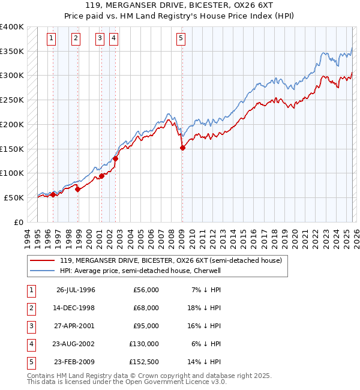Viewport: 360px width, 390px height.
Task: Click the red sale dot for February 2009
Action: click(182, 148)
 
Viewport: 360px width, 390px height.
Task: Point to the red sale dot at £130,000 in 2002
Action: click(116, 159)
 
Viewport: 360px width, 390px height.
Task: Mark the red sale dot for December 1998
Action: click(78, 189)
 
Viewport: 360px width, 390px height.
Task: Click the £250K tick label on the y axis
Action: click(12, 100)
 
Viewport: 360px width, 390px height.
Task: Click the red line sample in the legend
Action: click(43, 260)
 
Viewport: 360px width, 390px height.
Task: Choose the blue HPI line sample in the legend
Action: click(43, 271)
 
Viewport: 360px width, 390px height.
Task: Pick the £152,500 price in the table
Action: click(144, 362)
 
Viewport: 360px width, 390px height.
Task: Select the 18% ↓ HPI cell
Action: click(206, 308)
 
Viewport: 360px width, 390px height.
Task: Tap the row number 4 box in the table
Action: click(30, 344)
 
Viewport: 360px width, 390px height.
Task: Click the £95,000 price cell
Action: click(146, 326)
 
